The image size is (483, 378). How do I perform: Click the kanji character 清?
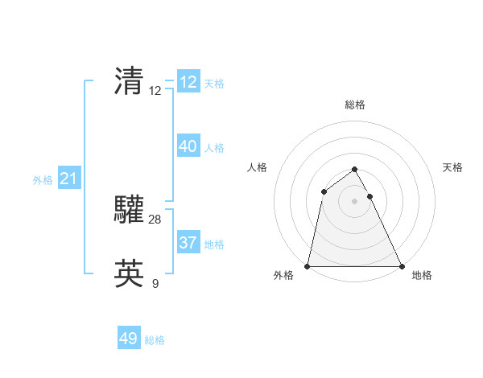[129, 80]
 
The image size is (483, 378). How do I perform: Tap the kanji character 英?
[129, 273]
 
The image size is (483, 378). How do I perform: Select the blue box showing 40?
[188, 146]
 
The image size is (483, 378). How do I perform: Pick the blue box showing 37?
[188, 243]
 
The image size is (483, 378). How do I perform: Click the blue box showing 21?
[68, 179]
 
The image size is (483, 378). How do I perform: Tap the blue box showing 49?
[129, 339]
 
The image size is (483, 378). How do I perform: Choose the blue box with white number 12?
[188, 82]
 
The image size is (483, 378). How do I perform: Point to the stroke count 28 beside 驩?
[155, 220]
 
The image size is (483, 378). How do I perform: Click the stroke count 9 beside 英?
[155, 283]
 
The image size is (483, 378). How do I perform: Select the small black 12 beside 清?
[155, 91]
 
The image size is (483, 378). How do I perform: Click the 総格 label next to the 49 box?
[155, 340]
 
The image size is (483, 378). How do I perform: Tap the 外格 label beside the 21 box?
[43, 180]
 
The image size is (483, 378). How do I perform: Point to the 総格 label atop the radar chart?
[354, 105]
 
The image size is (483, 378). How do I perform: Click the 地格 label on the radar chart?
[422, 275]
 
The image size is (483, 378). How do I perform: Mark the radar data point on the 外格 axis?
[308, 266]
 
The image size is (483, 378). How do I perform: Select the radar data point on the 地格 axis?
[401, 266]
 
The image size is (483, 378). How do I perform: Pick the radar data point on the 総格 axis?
[354, 170]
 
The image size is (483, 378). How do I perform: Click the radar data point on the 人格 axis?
[324, 191]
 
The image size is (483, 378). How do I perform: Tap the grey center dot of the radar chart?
[354, 201]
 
